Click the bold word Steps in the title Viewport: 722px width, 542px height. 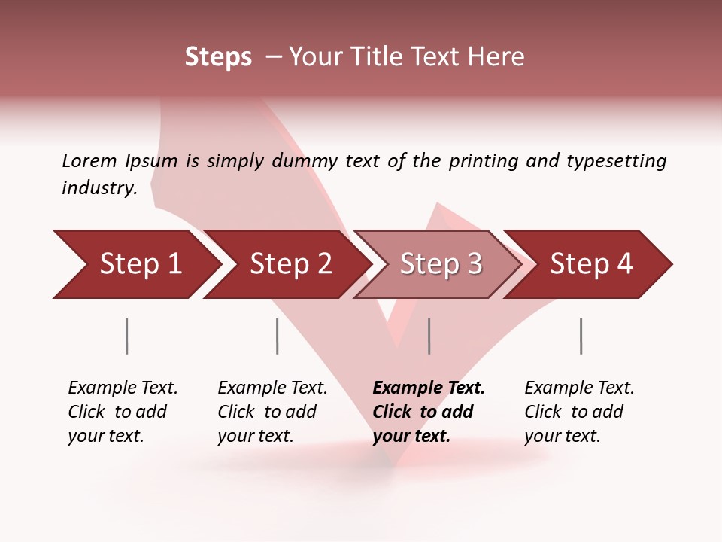tap(218, 57)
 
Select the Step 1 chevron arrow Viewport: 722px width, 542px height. tap(135, 264)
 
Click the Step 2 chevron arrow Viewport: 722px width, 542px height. tap(286, 264)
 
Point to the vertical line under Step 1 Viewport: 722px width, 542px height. tap(127, 336)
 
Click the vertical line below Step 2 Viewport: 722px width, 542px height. tap(278, 336)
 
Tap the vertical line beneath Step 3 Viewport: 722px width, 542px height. tap(429, 336)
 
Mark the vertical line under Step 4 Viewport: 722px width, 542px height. tap(581, 336)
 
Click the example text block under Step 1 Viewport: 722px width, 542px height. tap(123, 412)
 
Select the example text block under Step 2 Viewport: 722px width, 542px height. tap(272, 412)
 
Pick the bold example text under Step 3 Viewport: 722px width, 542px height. tap(429, 412)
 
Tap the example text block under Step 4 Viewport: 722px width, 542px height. tap(579, 412)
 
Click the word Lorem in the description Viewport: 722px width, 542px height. tap(89, 161)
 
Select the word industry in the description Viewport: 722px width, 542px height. tap(99, 188)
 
